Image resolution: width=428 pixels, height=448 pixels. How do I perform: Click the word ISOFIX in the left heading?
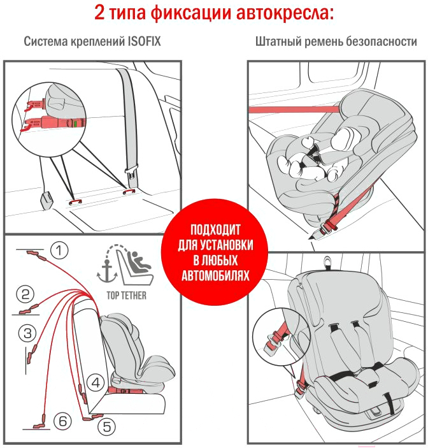(x=144, y=41)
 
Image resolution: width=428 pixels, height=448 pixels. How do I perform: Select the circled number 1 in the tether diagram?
(x=59, y=250)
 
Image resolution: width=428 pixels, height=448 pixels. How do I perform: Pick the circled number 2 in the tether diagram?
(x=25, y=294)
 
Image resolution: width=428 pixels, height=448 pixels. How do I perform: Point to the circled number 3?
(x=27, y=333)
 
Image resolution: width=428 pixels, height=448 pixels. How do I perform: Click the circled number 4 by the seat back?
(x=96, y=382)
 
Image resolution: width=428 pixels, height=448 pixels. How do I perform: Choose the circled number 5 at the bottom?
(x=107, y=427)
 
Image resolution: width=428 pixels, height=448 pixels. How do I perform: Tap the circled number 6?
(x=63, y=421)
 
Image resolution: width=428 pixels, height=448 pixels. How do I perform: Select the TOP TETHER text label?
(x=127, y=296)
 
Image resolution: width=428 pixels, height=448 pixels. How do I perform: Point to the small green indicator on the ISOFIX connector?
(x=75, y=124)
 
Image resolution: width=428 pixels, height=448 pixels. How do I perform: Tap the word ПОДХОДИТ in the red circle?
(x=215, y=229)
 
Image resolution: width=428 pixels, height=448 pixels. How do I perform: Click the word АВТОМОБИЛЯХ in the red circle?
(x=215, y=276)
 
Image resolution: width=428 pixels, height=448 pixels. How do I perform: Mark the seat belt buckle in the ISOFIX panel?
(x=132, y=174)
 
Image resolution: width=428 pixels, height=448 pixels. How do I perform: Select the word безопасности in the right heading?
(x=382, y=41)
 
